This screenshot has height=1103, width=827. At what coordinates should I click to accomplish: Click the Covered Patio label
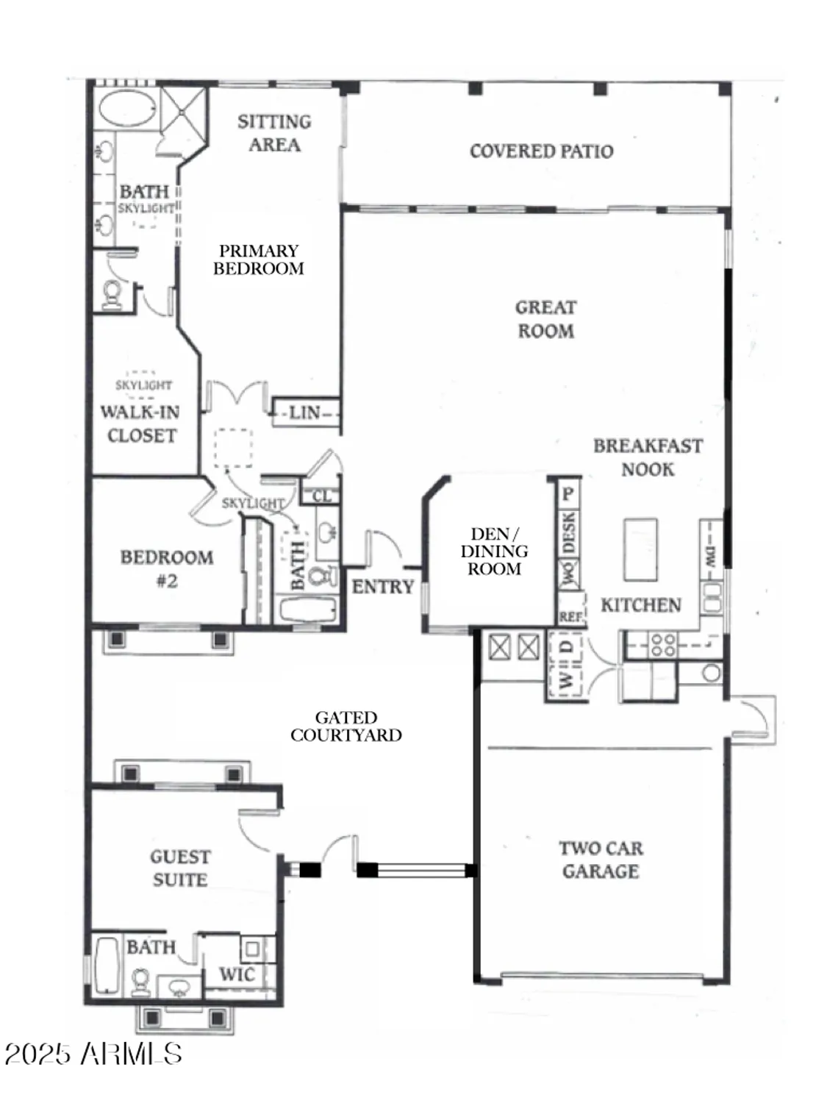pos(541,151)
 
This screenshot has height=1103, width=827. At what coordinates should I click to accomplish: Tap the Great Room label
pos(545,319)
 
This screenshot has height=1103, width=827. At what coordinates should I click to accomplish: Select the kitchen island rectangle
pos(640,550)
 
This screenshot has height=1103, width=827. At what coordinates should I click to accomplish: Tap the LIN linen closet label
pos(304,413)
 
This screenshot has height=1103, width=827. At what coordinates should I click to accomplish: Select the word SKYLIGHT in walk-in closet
pos(143,385)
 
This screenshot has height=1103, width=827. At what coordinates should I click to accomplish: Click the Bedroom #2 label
pos(167,568)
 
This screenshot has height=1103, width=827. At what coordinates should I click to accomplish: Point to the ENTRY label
pos(382,587)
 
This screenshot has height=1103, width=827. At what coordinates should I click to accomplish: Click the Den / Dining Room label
pos(494,551)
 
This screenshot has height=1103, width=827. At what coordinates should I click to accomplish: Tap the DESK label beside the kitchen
pos(568,532)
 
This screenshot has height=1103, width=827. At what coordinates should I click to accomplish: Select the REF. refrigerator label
pos(570,617)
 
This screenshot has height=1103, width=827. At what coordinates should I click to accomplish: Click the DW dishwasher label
pos(710,556)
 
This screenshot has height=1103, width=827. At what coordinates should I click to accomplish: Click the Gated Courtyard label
pos(346,727)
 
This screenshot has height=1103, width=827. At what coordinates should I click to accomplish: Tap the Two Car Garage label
pos(601,860)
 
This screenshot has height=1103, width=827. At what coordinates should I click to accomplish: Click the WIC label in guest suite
pos(237,975)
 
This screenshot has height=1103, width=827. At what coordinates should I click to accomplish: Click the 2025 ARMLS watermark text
pos(93,1054)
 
